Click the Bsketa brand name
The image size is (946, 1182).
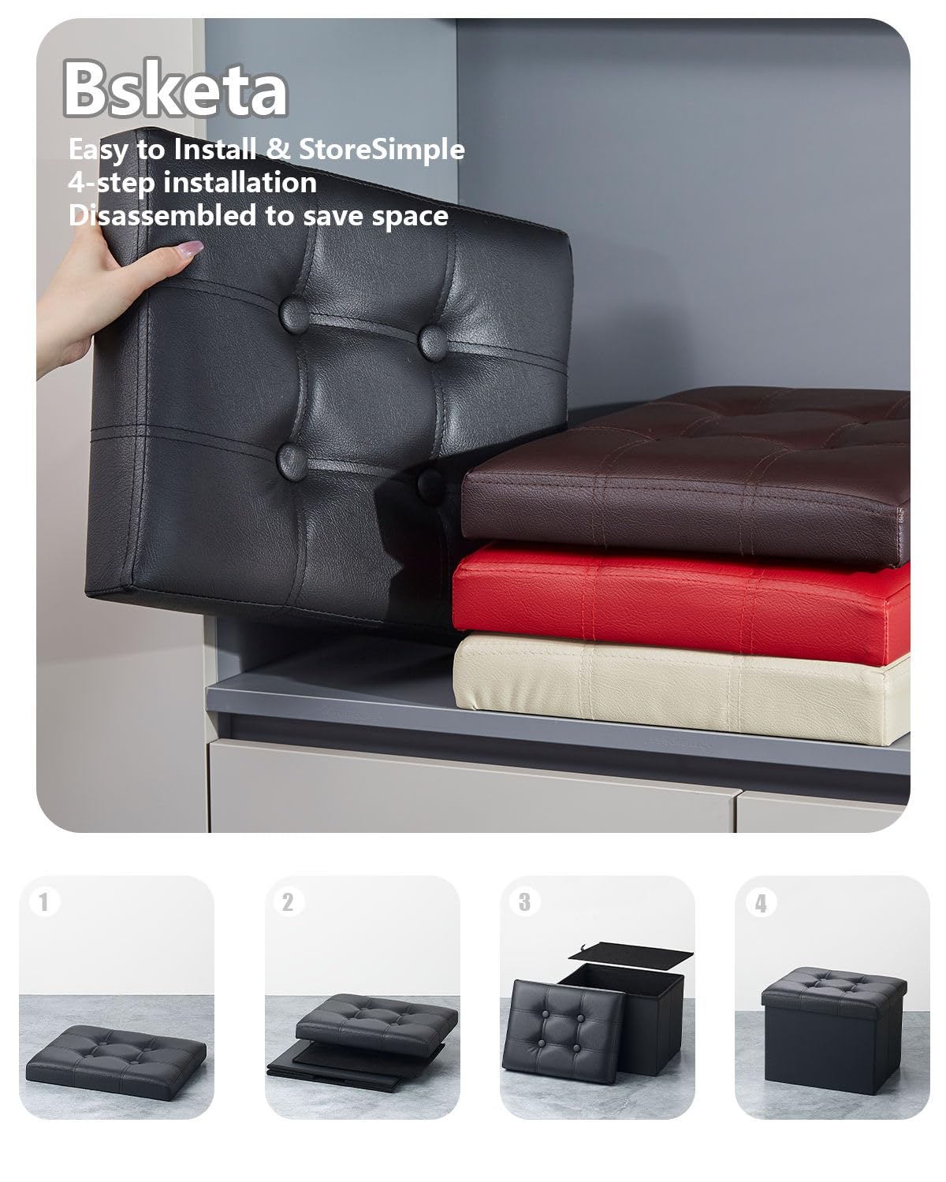175,92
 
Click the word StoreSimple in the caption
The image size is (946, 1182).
381,149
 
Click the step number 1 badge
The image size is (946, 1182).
44,901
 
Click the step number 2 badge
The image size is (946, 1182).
287,901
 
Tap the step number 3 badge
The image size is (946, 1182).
524,901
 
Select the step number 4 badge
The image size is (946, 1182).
760,903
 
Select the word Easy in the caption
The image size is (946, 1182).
99,149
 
